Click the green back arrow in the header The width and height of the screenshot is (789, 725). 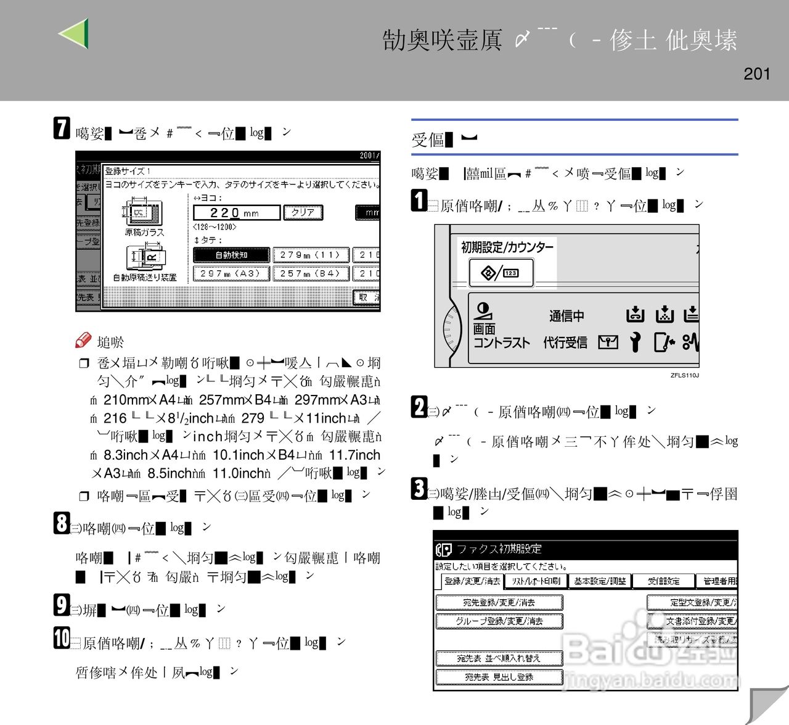(75, 33)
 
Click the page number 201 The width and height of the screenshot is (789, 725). (757, 74)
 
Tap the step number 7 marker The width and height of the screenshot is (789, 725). (62, 128)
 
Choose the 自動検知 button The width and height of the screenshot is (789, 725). (232, 255)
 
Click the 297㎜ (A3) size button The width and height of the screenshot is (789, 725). (232, 273)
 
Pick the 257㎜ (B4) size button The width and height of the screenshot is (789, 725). (311, 273)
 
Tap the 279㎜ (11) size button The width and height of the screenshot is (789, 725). (311, 255)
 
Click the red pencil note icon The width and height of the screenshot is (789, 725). (83, 340)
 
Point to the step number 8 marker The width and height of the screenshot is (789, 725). (62, 523)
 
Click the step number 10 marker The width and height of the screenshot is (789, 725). (62, 638)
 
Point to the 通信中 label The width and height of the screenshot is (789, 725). (566, 316)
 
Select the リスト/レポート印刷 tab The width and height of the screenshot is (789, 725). (536, 581)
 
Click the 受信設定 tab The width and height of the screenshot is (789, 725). (664, 581)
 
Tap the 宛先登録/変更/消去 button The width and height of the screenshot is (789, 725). (499, 602)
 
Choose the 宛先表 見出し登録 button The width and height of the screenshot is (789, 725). (499, 677)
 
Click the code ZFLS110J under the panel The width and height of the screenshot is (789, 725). (684, 375)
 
